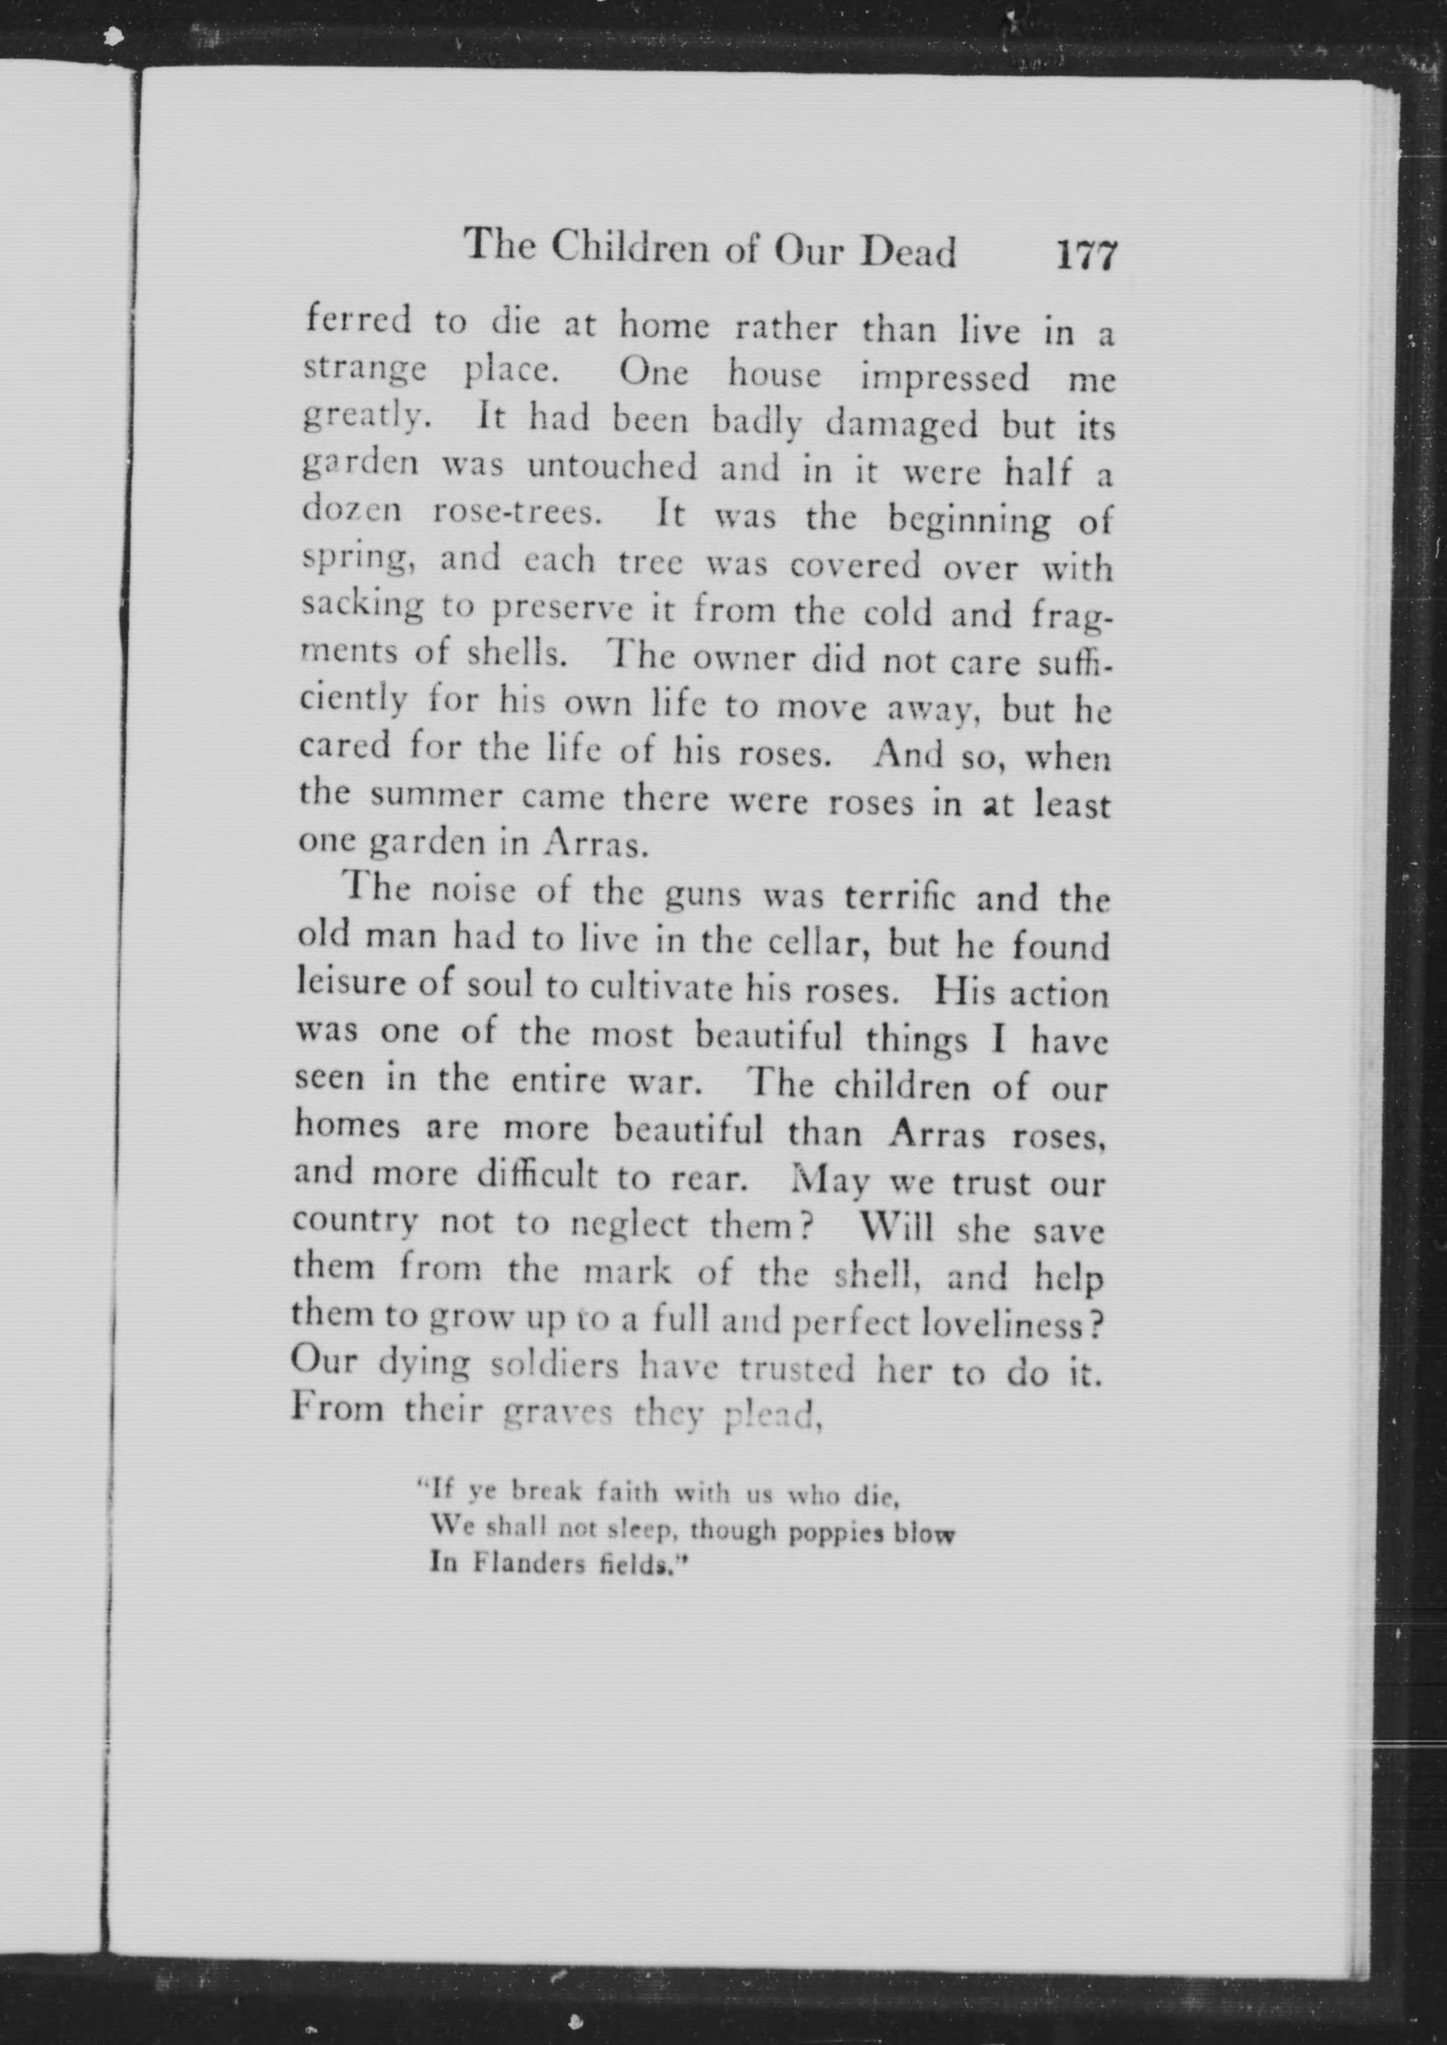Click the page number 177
pos(1085,256)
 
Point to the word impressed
pos(944,377)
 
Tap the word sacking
pos(362,606)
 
